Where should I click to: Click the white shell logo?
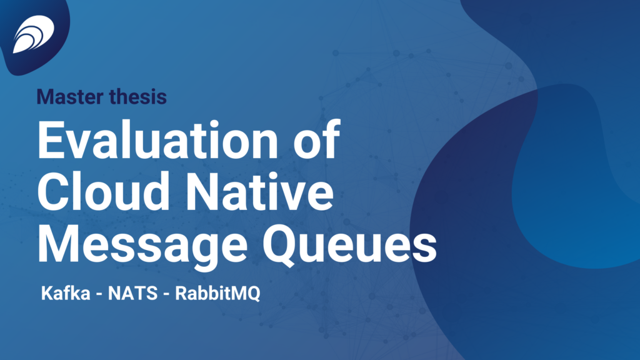click(x=34, y=34)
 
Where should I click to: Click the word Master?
click(x=70, y=97)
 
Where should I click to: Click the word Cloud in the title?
click(x=104, y=191)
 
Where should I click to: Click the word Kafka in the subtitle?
click(x=66, y=292)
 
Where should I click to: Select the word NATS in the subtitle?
click(x=132, y=293)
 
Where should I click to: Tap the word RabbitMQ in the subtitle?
click(x=217, y=294)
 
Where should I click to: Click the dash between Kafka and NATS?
click(x=99, y=295)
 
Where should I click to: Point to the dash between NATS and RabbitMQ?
click(x=166, y=295)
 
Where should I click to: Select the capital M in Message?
click(x=58, y=244)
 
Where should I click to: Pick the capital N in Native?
click(x=202, y=191)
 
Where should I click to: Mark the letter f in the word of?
click(x=331, y=139)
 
